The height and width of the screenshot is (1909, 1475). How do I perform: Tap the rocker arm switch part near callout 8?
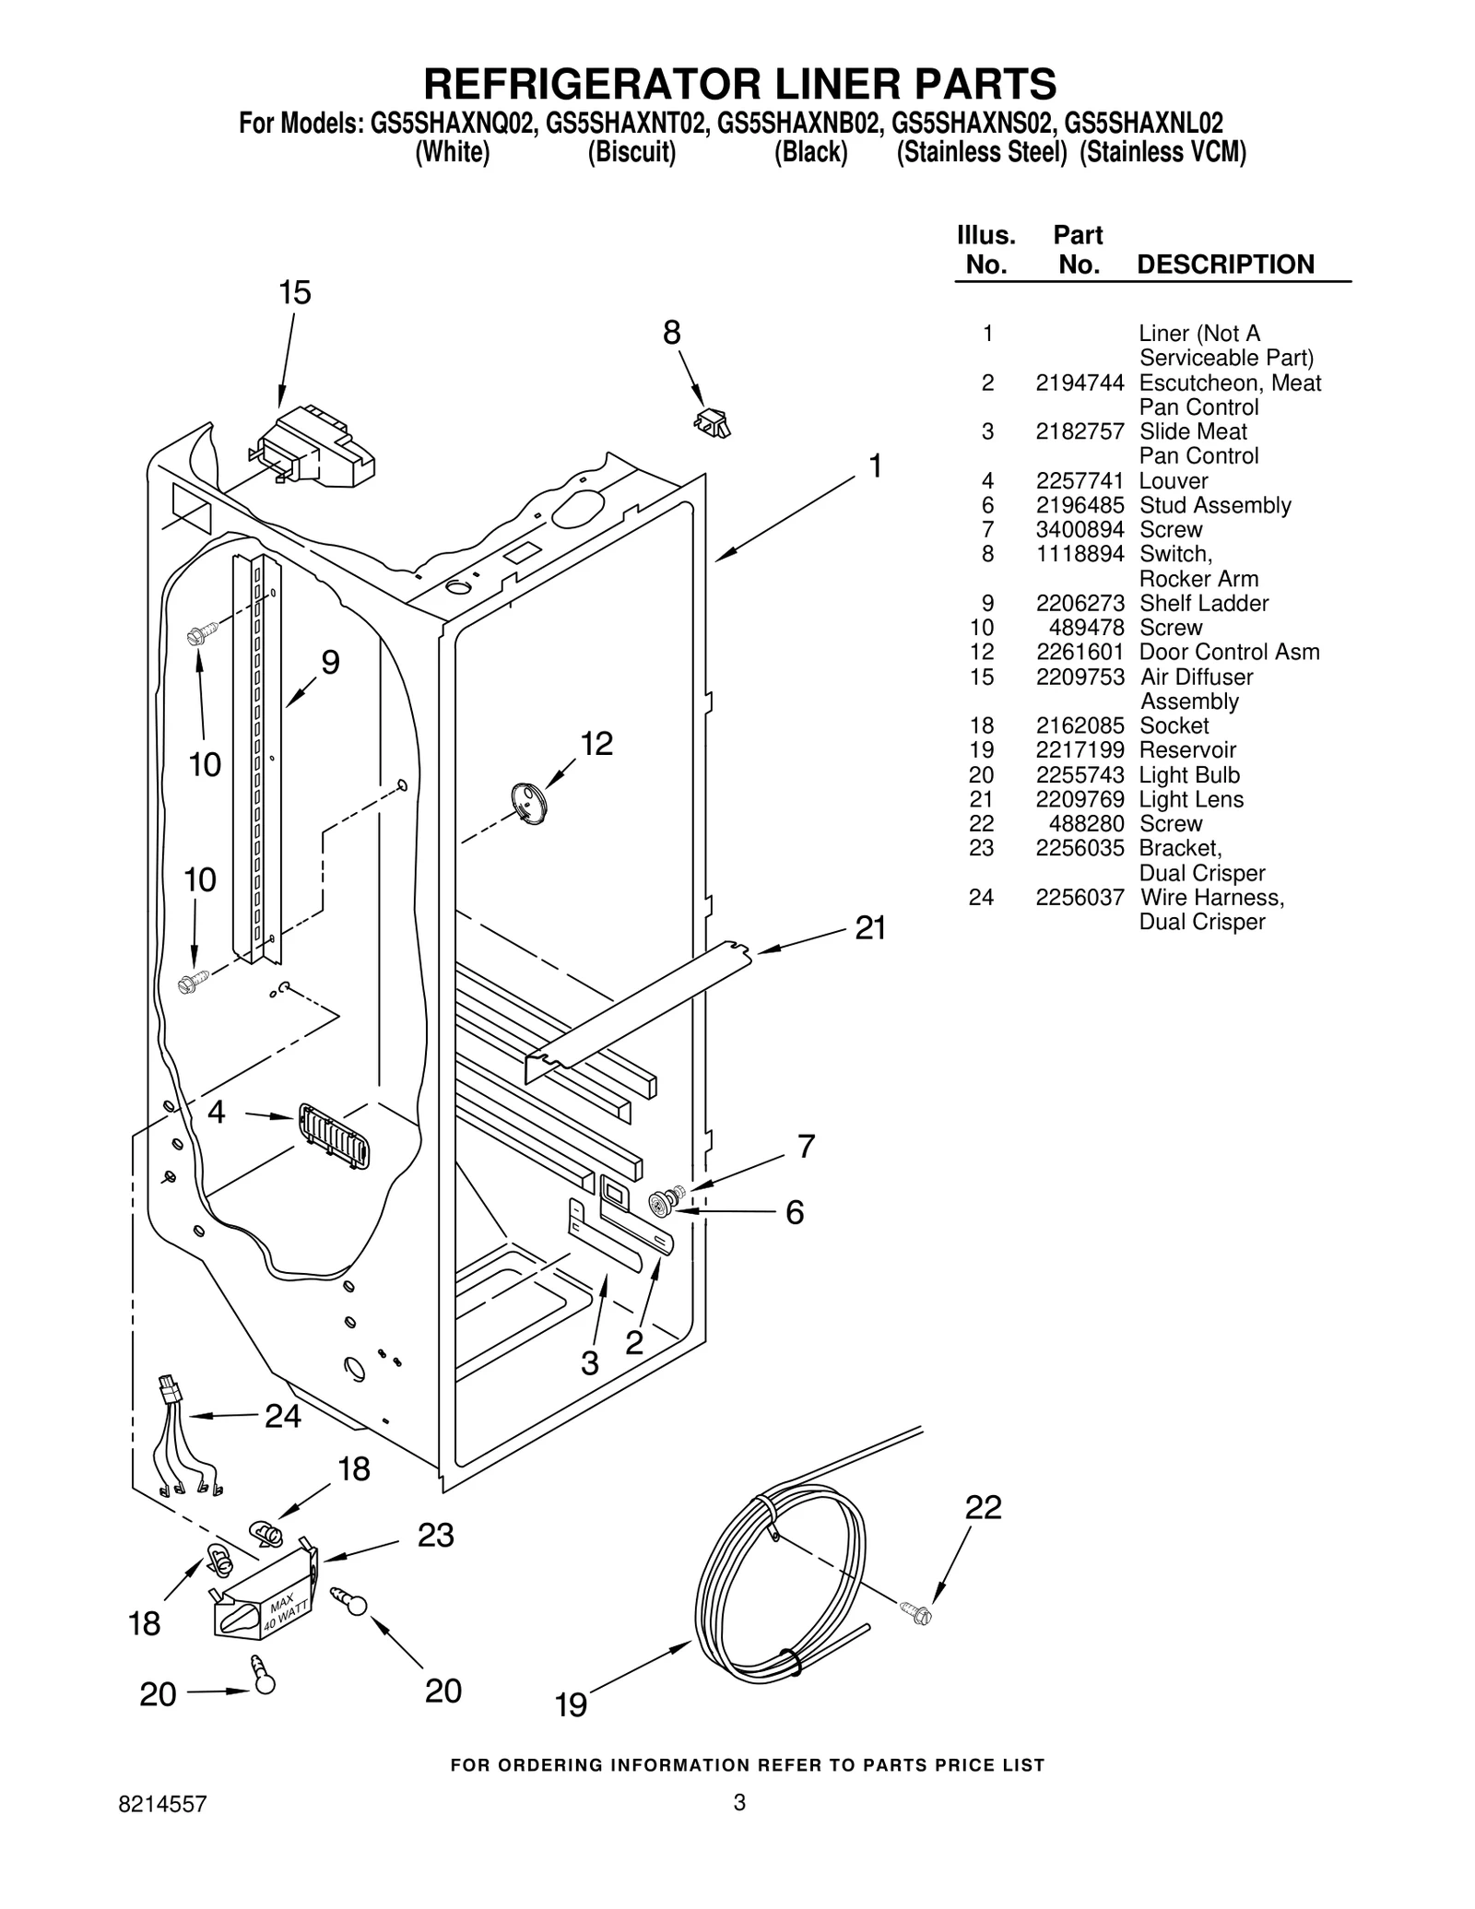(x=712, y=423)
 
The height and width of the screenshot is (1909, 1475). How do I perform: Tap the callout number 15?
(x=295, y=293)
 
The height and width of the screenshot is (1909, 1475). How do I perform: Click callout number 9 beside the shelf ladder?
(x=330, y=662)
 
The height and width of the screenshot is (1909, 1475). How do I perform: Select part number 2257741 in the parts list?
(x=1080, y=480)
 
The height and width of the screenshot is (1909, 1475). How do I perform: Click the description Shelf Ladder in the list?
(x=1203, y=603)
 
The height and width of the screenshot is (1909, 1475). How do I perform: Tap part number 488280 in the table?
(x=1087, y=823)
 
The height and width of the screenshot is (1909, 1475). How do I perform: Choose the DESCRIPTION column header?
(x=1225, y=265)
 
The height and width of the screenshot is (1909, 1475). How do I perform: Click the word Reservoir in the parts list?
(x=1187, y=750)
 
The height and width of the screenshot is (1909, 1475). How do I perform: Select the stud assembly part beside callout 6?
(x=660, y=1204)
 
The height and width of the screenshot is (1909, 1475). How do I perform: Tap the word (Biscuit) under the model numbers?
(x=631, y=153)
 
